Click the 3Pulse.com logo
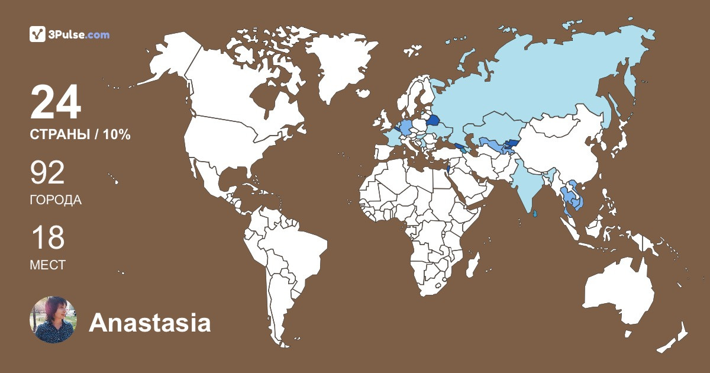click(69, 34)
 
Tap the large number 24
click(55, 102)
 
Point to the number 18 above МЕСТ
click(47, 237)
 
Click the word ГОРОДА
click(56, 200)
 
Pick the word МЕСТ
click(47, 265)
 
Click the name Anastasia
click(150, 323)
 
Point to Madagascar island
click(472, 263)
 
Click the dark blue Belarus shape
click(431, 121)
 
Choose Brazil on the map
click(296, 249)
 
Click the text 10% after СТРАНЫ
click(116, 134)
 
